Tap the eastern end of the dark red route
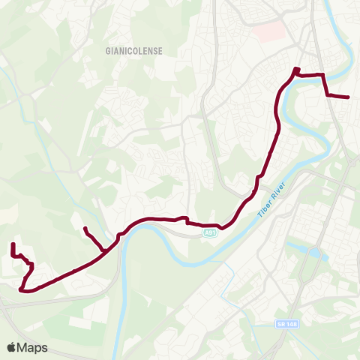point(349,97)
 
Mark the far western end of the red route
point(13,244)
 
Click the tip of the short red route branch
point(85,228)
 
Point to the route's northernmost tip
point(295,69)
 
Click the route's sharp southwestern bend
point(21,289)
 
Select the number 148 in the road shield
point(289,324)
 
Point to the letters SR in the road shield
point(279,324)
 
